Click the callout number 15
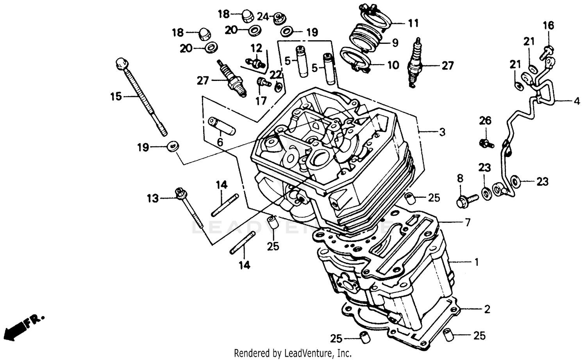[x=116, y=96]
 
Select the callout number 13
[x=153, y=199]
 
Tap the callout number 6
[x=220, y=142]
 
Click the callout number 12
[x=256, y=48]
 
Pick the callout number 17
[x=261, y=100]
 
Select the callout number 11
[x=413, y=23]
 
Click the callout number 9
[x=395, y=43]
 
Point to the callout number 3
[x=442, y=132]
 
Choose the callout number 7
[x=467, y=222]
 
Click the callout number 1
[x=476, y=262]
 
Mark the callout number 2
[x=487, y=310]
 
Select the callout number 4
[x=577, y=101]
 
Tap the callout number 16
[x=548, y=26]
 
